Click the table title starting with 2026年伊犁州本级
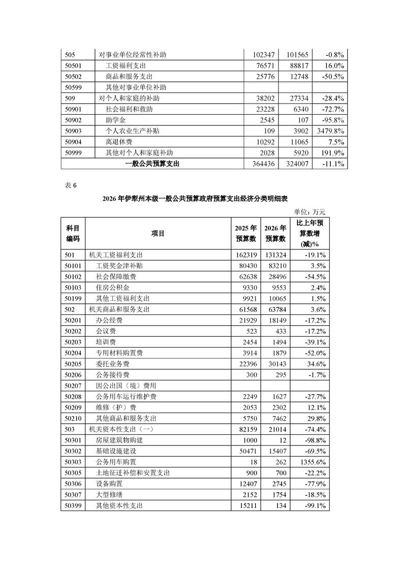tap(201, 199)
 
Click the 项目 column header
tap(158, 233)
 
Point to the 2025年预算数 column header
tap(246, 233)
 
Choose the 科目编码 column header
tap(73, 233)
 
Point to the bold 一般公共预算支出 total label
tap(152, 164)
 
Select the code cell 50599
tap(74, 87)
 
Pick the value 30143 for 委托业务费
tap(276, 364)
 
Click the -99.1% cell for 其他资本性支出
tap(314, 505)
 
